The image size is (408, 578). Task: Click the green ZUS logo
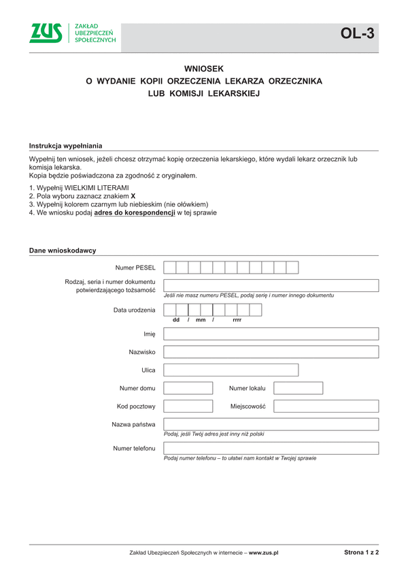46,33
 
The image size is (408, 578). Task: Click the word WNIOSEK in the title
204,69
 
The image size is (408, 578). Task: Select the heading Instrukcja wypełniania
65,146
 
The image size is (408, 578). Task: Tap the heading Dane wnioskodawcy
62,251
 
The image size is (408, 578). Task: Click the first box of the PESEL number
170,268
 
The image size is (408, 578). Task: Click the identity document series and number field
271,285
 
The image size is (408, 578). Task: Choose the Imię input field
271,334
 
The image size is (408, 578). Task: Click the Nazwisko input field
271,352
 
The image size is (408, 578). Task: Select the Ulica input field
231,370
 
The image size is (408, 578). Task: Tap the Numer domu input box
188,388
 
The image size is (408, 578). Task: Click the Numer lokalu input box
298,388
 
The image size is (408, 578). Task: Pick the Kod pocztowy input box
188,406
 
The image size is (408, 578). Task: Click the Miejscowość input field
326,406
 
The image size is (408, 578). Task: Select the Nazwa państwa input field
271,424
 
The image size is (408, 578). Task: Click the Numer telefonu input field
271,448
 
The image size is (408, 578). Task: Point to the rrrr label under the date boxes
237,320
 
